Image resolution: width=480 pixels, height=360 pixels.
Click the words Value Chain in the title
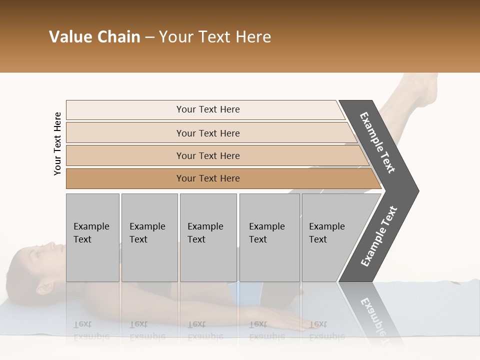pos(94,37)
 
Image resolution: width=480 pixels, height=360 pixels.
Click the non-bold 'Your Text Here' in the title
pos(215,37)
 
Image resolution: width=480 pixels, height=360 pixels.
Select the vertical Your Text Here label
pos(57,143)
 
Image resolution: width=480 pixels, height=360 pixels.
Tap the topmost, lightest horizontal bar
pos(208,109)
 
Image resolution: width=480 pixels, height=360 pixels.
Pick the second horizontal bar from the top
pos(208,133)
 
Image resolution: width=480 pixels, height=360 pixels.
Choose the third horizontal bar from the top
pos(208,155)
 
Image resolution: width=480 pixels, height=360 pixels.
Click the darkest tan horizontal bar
pos(208,178)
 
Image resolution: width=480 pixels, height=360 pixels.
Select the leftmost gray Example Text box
pos(92,237)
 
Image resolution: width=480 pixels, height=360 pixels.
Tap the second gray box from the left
pos(149,237)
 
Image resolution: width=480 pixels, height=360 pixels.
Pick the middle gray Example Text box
pos(208,237)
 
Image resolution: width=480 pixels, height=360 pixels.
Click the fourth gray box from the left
pos(269,237)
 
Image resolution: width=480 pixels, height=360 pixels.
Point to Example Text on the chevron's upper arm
pos(377,142)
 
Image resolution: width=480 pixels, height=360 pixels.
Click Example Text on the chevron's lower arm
pos(379,236)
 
